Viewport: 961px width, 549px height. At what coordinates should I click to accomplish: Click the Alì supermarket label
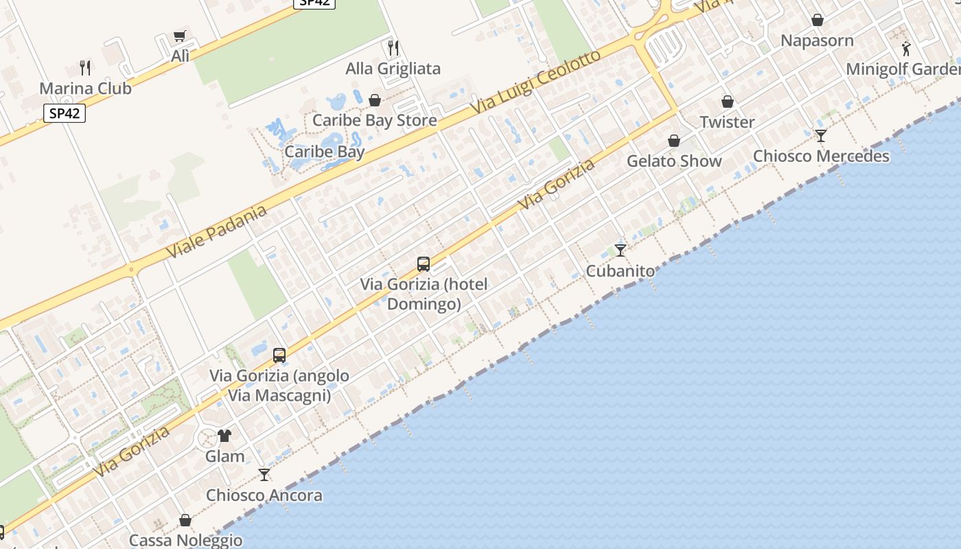[x=180, y=56]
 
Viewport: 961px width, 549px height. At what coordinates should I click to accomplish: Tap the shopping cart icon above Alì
[x=180, y=36]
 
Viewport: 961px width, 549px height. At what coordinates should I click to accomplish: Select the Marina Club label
[x=85, y=89]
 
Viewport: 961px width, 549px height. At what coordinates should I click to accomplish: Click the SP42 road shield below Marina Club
[x=65, y=113]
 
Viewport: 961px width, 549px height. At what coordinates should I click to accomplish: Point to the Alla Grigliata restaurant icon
[x=393, y=47]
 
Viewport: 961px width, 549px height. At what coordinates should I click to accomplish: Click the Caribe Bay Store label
[x=374, y=120]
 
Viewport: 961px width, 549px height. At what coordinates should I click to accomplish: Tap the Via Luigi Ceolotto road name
[x=535, y=83]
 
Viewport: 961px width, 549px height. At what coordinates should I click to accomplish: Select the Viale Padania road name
[x=216, y=232]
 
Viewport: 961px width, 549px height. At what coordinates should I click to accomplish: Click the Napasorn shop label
[x=817, y=40]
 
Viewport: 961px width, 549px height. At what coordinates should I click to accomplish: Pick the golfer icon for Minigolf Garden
[x=906, y=49]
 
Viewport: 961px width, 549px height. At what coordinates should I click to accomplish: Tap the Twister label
[x=727, y=122]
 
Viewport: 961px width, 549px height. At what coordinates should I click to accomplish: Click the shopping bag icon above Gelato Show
[x=674, y=141]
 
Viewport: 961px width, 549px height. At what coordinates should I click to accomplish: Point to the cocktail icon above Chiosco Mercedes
[x=820, y=135]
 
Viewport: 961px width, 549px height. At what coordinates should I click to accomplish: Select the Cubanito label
[x=620, y=271]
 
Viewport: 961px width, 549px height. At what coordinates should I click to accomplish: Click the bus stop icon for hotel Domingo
[x=424, y=264]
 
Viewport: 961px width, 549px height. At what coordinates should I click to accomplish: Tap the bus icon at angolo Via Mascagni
[x=279, y=355]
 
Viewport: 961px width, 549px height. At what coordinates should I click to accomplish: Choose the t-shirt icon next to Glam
[x=224, y=436]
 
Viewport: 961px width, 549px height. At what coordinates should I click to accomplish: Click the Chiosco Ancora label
[x=264, y=495]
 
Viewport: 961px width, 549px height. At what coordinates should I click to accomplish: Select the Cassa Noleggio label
[x=185, y=540]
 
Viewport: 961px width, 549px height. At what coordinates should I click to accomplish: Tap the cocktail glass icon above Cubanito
[x=621, y=250]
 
